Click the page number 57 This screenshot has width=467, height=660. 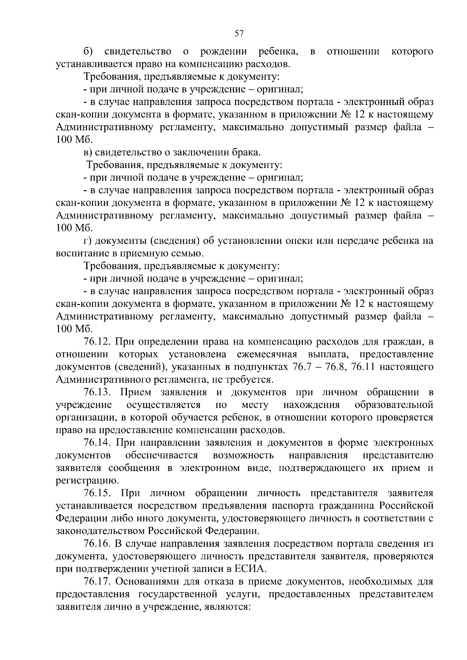pyautogui.click(x=239, y=33)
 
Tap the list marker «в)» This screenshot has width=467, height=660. pyautogui.click(x=88, y=152)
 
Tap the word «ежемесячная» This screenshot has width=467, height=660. pyautogui.click(x=267, y=354)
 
